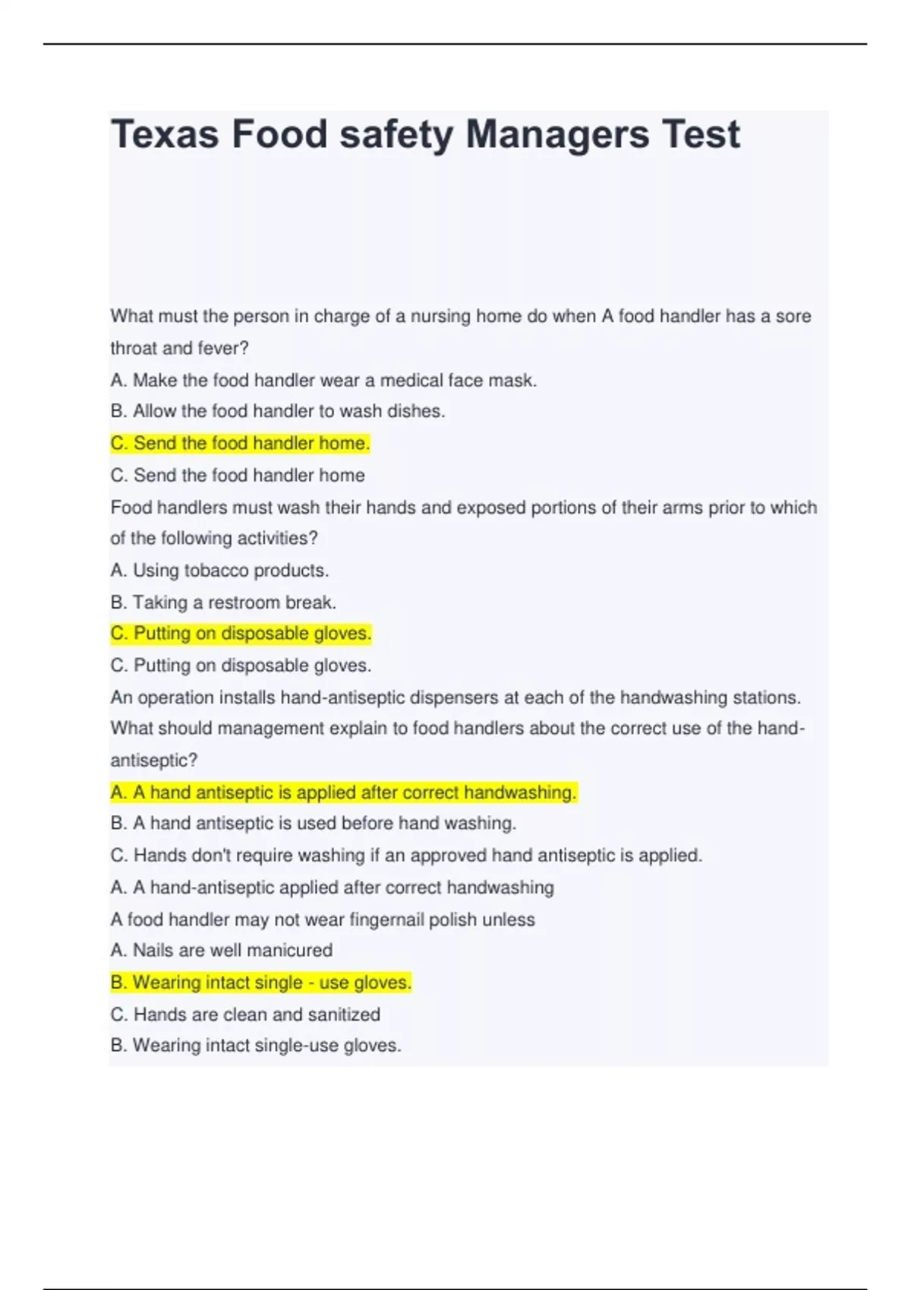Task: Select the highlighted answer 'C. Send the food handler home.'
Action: click(240, 443)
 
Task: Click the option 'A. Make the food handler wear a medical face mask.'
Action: click(323, 380)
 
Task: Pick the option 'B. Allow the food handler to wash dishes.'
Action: click(278, 411)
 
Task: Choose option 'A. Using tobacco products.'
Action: click(219, 570)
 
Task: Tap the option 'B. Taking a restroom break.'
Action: click(223, 603)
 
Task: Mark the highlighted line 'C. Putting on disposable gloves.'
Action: click(241, 634)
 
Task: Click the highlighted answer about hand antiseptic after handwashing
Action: click(343, 793)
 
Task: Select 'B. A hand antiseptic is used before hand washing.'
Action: click(313, 823)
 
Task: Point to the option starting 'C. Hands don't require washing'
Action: click(406, 855)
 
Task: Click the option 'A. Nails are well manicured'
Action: click(221, 950)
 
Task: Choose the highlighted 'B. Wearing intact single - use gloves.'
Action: click(260, 983)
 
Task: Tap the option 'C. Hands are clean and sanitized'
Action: click(245, 1015)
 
